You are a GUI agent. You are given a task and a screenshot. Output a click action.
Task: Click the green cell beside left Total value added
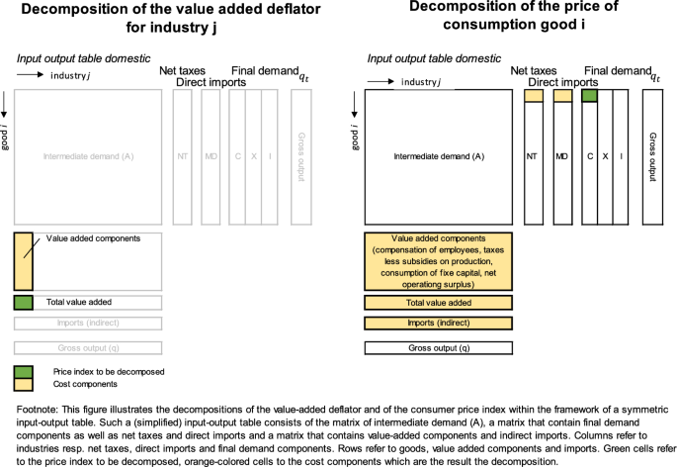click(x=23, y=303)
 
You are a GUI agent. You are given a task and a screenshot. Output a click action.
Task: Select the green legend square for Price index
click(x=23, y=370)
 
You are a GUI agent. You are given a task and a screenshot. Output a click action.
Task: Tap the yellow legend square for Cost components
click(x=23, y=384)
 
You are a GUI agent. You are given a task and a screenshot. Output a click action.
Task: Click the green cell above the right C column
click(x=590, y=96)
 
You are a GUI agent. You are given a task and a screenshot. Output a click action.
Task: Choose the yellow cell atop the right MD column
click(x=562, y=96)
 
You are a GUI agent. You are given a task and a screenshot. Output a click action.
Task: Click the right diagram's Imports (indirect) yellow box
click(x=439, y=324)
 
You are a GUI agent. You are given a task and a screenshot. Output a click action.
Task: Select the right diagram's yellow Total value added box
click(x=439, y=303)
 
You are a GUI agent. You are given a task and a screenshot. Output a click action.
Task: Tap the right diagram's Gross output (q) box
click(x=439, y=347)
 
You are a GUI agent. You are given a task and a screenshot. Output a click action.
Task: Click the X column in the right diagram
click(x=604, y=157)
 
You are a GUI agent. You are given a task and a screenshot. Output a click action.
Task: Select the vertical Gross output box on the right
click(x=651, y=155)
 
